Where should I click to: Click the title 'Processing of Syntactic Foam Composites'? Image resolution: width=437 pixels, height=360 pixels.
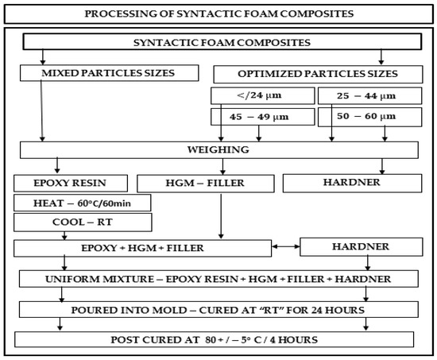218,14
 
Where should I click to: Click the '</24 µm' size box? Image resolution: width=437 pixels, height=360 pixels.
259,97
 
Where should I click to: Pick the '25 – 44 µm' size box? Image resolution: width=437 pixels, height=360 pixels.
365,97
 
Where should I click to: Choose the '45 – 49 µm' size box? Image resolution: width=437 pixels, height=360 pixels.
259,118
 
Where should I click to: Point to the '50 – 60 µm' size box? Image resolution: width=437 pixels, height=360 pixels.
365,118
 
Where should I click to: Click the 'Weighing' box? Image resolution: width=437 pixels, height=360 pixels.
218,151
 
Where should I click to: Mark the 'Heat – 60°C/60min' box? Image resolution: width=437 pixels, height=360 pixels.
83,203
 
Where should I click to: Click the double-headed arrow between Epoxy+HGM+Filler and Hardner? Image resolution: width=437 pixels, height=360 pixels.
287,248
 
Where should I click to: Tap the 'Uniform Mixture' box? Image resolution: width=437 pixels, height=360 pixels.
218,280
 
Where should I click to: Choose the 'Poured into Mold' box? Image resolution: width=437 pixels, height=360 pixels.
218,310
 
